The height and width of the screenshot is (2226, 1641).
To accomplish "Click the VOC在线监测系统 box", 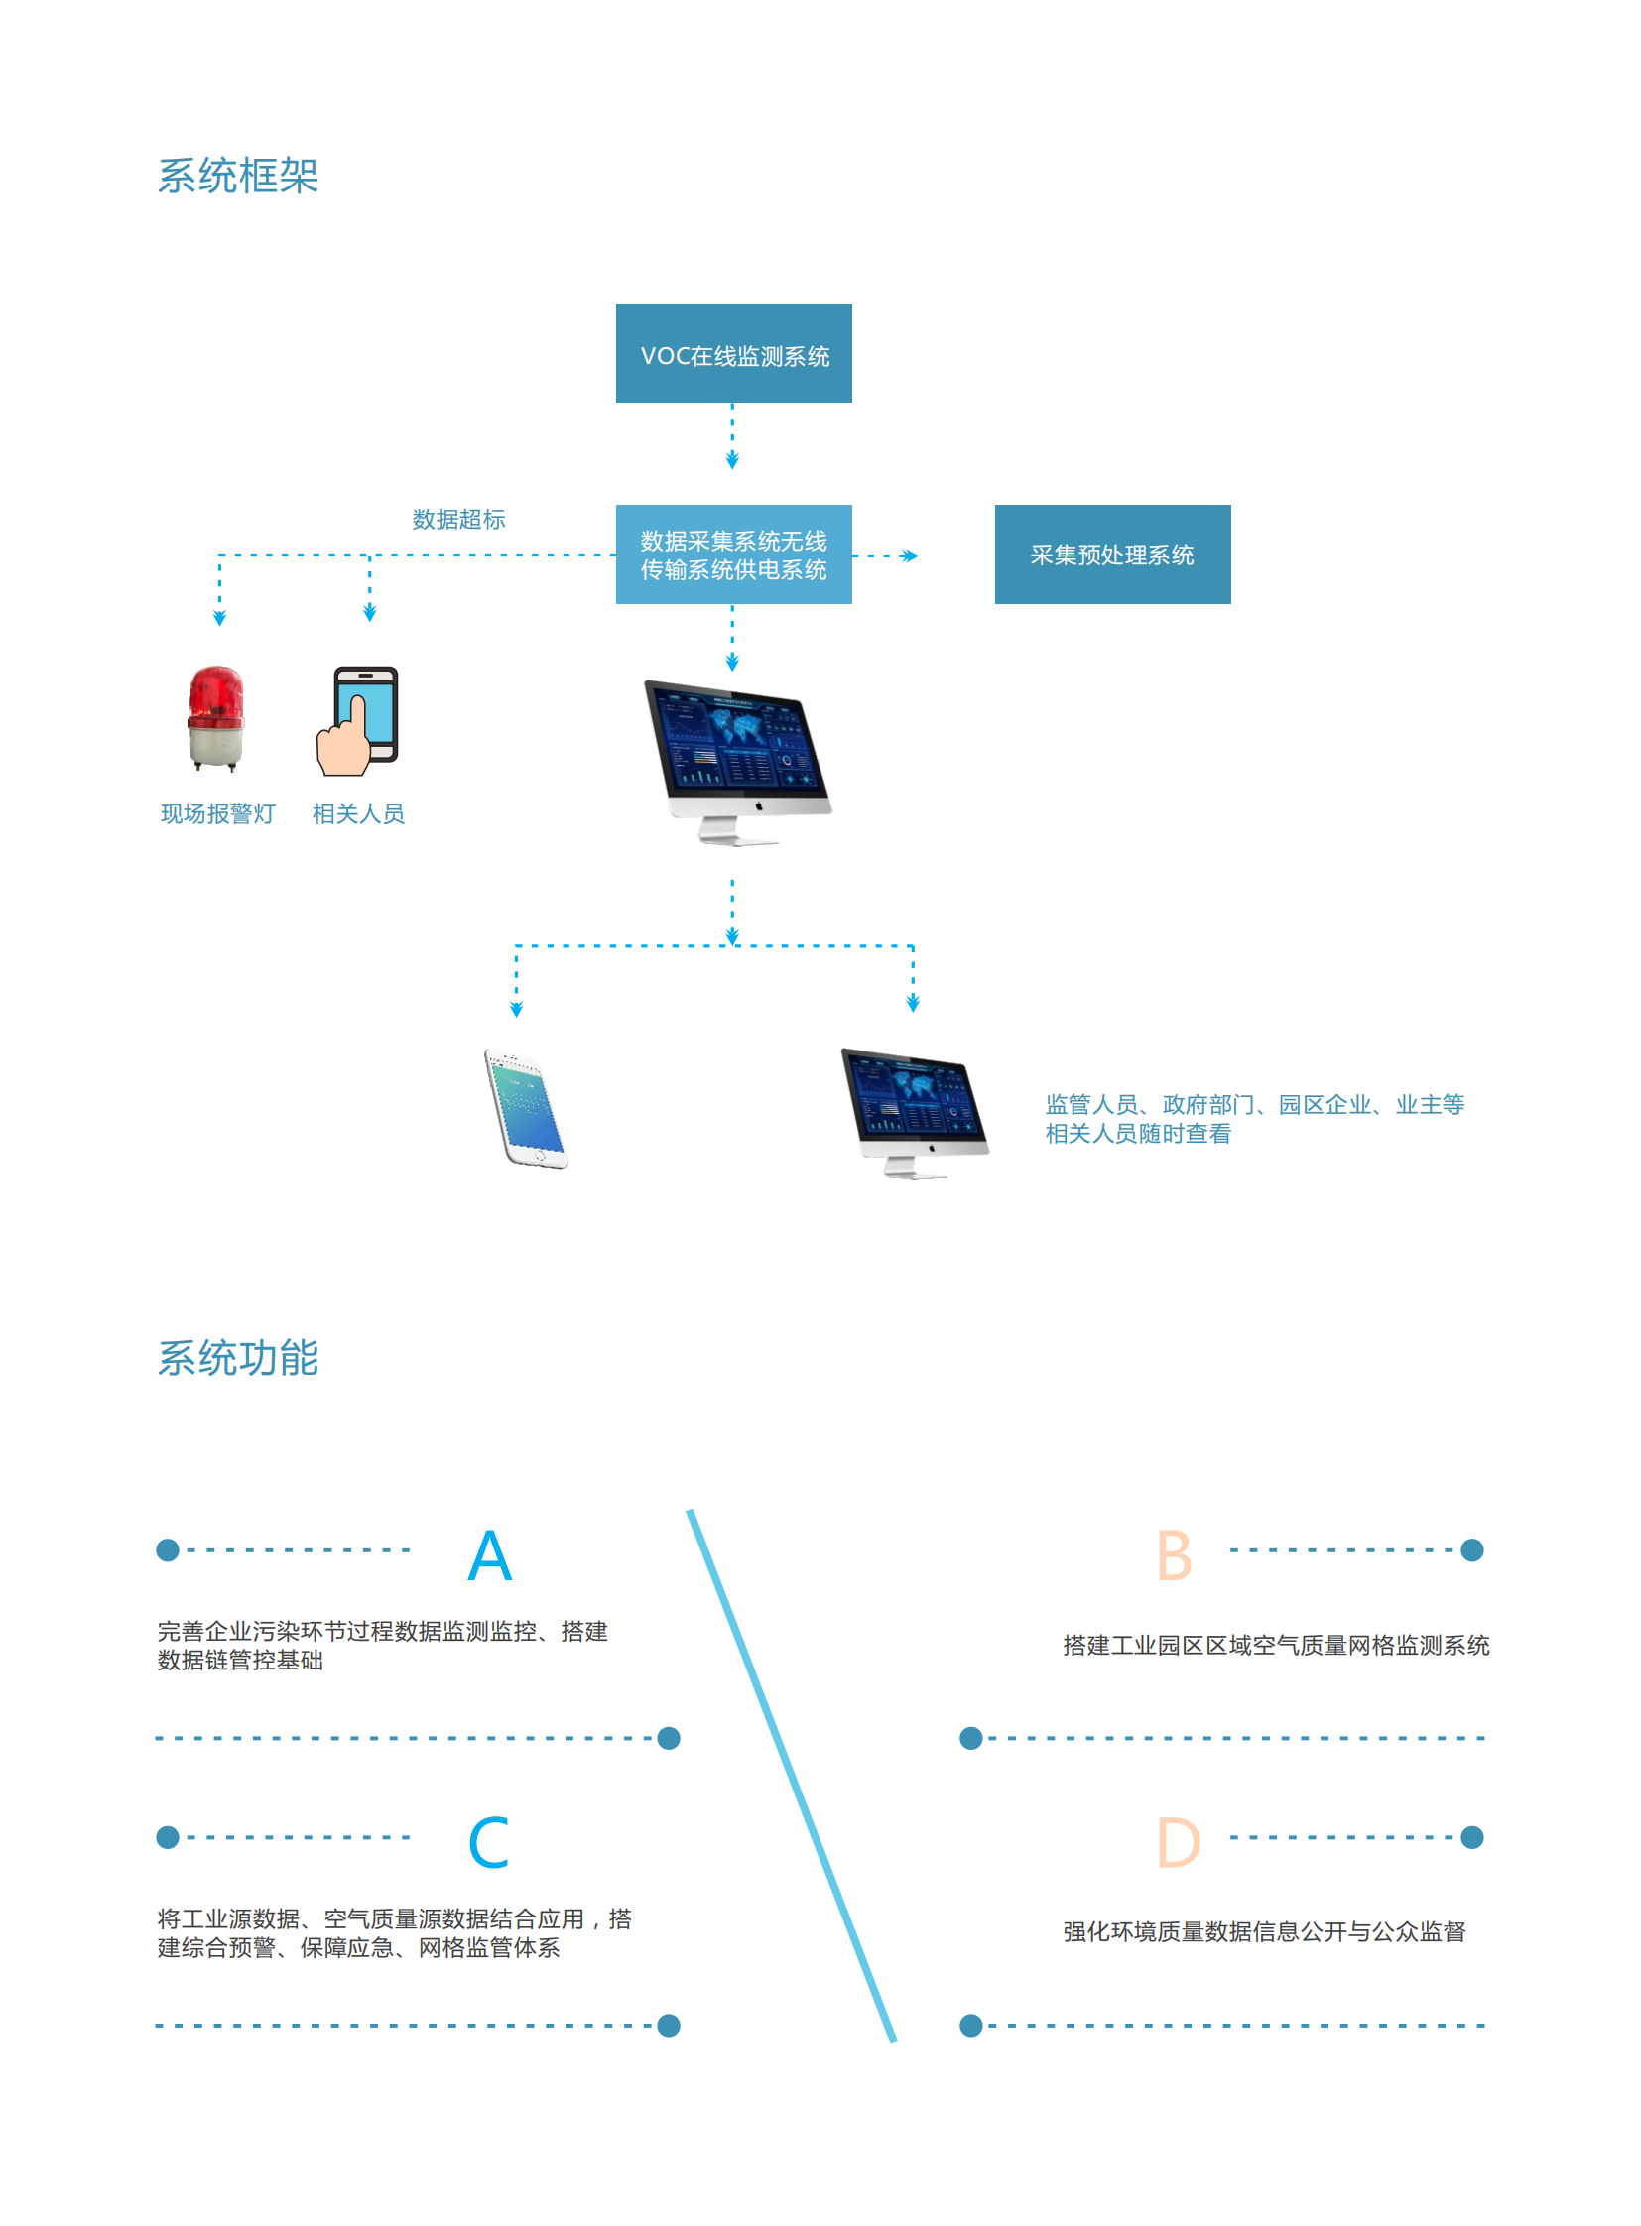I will (x=733, y=352).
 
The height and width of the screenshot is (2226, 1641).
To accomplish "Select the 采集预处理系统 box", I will (x=1111, y=555).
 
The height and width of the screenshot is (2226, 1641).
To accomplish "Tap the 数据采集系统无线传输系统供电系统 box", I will (x=733, y=555).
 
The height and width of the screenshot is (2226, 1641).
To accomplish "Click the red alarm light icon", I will (x=216, y=717).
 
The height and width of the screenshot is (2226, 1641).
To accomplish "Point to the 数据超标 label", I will (x=458, y=520).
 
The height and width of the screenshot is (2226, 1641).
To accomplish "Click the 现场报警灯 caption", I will (x=217, y=813).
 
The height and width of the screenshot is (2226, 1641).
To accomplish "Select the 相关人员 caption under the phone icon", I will (x=358, y=813).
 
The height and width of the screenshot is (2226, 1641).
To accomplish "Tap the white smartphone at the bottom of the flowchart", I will (x=526, y=1107).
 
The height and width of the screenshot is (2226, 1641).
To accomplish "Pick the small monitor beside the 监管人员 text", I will (x=914, y=1111).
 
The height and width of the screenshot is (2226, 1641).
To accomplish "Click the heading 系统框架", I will (x=238, y=176).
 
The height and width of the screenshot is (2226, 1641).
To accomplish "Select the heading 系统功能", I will (x=238, y=1357).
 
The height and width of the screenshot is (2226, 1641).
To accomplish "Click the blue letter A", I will (x=490, y=1555).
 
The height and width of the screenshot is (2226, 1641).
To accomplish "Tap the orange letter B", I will (x=1174, y=1555).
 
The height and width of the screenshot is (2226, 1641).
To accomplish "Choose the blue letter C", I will (x=489, y=1842).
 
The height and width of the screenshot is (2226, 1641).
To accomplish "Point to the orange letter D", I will (x=1178, y=1842).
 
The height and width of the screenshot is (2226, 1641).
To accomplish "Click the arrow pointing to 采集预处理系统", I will (x=907, y=556).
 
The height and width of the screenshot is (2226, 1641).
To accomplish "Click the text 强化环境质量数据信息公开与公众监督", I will (x=1264, y=1931).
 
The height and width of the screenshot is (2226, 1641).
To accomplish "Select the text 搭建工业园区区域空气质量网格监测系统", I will (x=1276, y=1645).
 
